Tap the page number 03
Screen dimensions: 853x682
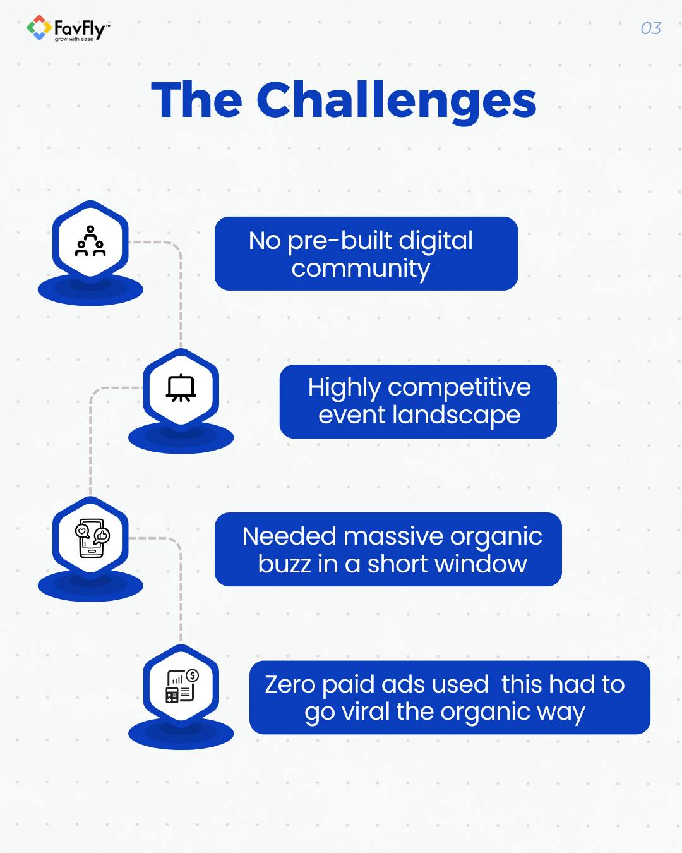650,28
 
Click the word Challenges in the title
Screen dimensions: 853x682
396,100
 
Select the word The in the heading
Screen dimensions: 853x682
196,100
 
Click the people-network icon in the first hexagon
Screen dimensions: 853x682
90,241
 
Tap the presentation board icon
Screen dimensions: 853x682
181,388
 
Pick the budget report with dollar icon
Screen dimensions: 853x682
182,686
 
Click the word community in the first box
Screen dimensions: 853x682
361,269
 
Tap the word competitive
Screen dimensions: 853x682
459,387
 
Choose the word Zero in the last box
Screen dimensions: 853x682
289,684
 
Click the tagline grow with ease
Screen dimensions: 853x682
74,39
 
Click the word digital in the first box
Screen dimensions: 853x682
436,241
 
